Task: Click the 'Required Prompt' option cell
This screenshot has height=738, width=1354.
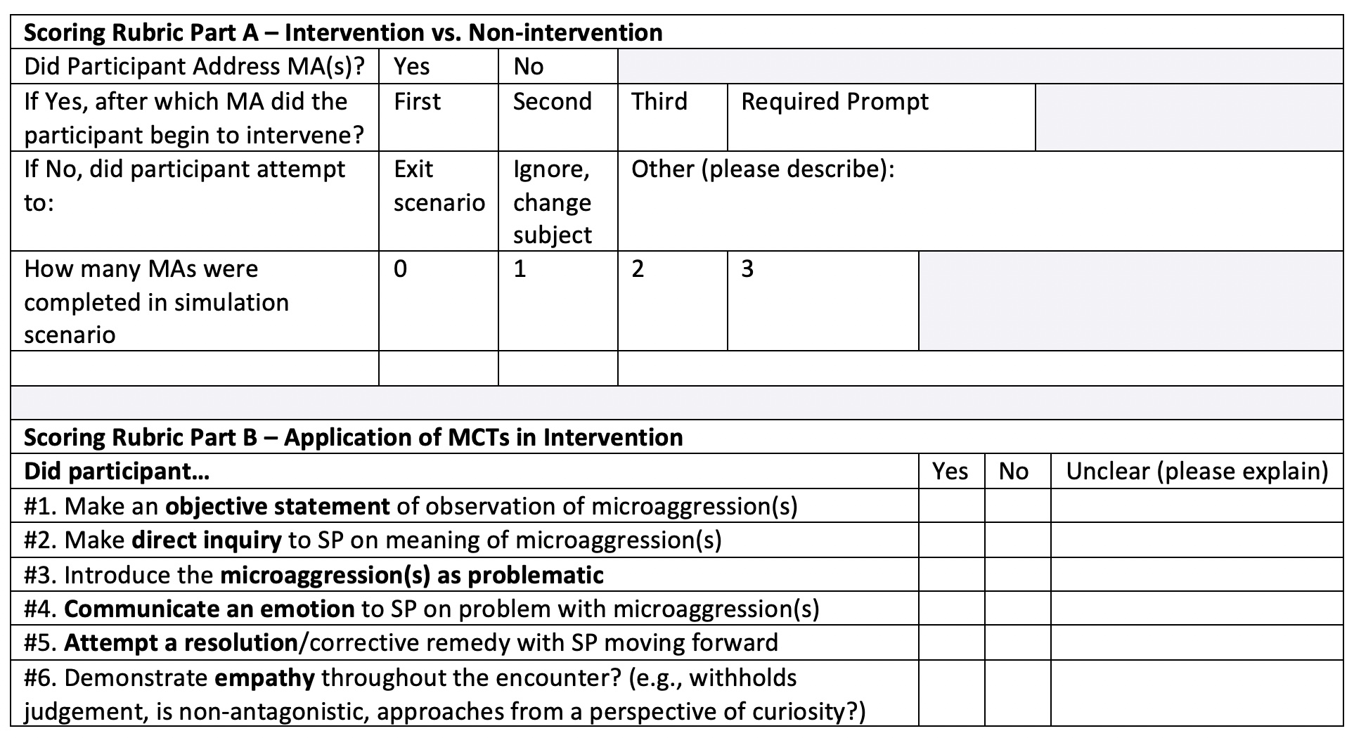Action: [834, 103]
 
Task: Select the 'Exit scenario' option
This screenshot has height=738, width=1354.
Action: [438, 186]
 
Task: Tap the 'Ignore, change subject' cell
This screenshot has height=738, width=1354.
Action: [553, 202]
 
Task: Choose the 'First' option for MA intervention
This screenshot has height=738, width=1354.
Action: [417, 103]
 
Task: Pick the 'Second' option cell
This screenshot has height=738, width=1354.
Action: [553, 103]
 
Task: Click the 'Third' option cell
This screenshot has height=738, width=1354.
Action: [659, 103]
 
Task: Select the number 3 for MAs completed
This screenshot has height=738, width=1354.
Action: [747, 270]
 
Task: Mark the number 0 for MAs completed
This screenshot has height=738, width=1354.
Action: [400, 270]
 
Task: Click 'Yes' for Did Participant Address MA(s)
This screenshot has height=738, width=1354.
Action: [411, 67]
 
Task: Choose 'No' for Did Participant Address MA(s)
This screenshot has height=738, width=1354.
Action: [529, 67]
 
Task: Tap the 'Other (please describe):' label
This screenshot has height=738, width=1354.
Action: [763, 169]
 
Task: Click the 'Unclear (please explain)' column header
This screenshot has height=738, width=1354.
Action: [1197, 471]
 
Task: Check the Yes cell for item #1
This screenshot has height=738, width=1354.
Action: [950, 505]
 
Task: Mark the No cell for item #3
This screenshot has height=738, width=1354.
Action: [1017, 574]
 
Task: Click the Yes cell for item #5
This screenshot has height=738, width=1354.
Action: [950, 642]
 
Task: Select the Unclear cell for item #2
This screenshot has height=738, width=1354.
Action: [1197, 540]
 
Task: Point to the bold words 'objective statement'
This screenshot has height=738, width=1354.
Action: [277, 506]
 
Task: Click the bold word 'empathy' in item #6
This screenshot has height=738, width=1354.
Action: [264, 678]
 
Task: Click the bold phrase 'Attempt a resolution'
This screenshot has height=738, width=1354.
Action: [181, 643]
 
